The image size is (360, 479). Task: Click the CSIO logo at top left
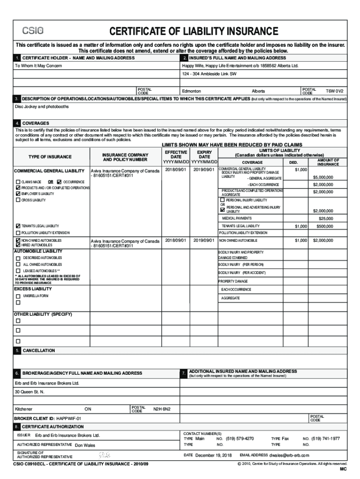[33, 31]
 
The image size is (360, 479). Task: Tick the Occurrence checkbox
[59, 181]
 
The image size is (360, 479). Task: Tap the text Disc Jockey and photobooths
[42, 106]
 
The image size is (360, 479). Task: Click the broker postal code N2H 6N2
[162, 409]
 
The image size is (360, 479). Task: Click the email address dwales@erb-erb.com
[288, 455]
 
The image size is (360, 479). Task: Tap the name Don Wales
[85, 445]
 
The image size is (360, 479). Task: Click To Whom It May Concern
[38, 66]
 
